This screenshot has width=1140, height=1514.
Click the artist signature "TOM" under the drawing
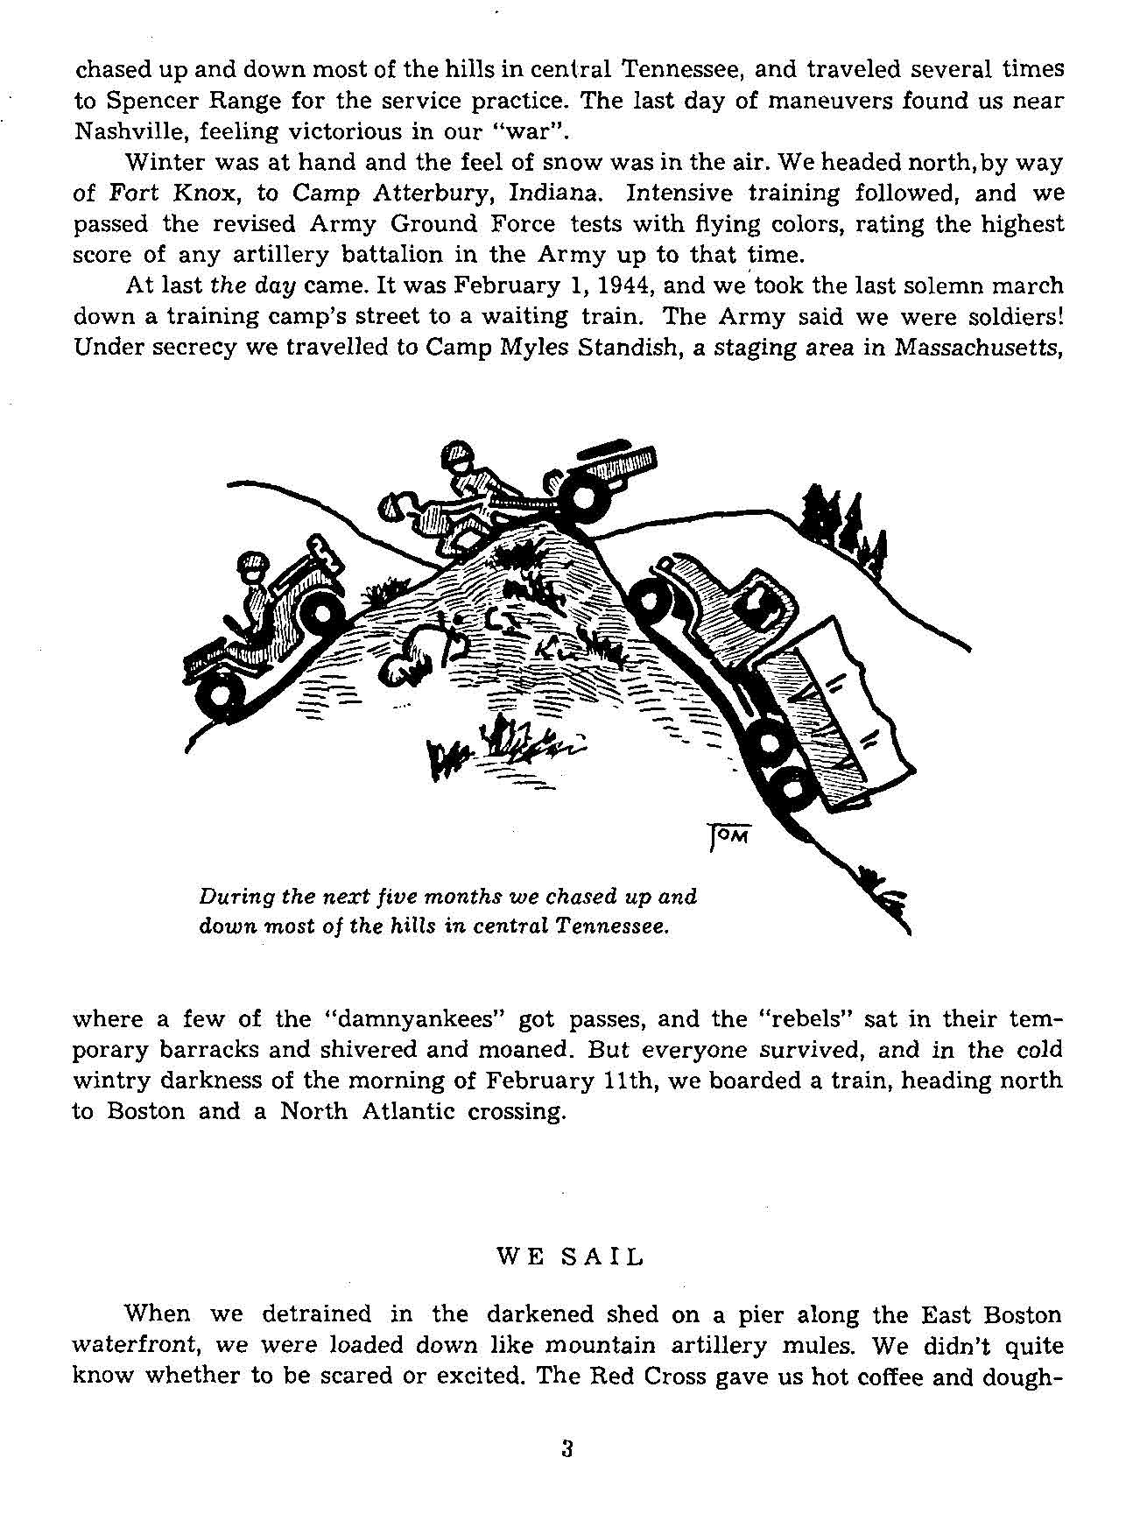728,836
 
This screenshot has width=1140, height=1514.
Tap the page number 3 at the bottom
566,1448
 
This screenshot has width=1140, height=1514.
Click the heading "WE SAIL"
570,1257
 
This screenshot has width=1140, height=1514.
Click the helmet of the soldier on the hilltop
459,456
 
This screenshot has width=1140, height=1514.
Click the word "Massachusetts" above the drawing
978,348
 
